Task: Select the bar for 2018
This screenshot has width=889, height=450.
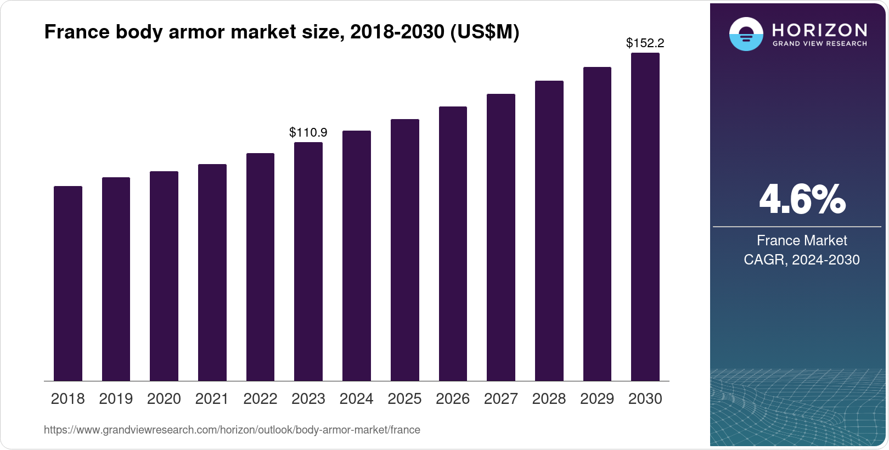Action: click(x=68, y=283)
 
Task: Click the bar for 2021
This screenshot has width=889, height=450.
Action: click(x=212, y=272)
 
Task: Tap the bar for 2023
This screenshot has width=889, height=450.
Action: click(x=308, y=261)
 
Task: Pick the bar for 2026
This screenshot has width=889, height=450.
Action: click(x=453, y=244)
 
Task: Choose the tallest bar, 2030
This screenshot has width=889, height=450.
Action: click(x=645, y=217)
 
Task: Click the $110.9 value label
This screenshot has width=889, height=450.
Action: click(x=308, y=132)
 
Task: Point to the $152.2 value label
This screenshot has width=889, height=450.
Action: click(x=645, y=43)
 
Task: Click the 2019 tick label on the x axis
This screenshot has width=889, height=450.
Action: click(x=116, y=398)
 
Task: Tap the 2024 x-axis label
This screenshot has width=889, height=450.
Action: click(x=357, y=398)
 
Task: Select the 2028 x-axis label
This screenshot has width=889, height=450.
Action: click(x=549, y=398)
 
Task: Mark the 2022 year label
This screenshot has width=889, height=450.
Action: click(x=260, y=398)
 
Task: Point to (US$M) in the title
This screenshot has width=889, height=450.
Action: click(x=484, y=32)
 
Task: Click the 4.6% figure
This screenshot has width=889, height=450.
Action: click(x=802, y=199)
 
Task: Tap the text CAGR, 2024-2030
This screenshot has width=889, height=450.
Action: click(x=802, y=260)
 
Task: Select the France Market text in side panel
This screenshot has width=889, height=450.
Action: click(x=802, y=240)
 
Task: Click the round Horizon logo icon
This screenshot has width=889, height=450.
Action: click(x=746, y=34)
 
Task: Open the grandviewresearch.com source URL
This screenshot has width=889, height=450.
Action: click(x=232, y=430)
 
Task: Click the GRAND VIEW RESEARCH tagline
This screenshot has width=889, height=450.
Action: click(x=819, y=43)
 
